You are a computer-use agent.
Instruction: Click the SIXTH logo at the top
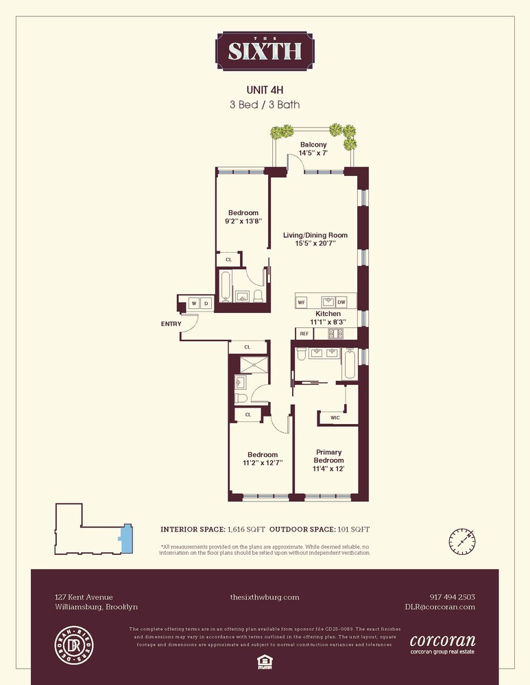click(x=265, y=51)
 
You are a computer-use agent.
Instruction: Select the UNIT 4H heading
click(x=265, y=90)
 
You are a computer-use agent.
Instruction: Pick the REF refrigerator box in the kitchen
click(x=304, y=334)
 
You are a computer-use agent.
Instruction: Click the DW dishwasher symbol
click(x=341, y=302)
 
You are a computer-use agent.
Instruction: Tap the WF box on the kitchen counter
click(x=301, y=302)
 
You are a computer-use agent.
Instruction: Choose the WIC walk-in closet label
click(x=335, y=417)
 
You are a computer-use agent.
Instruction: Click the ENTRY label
click(x=171, y=323)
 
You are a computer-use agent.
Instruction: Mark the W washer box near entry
click(x=194, y=303)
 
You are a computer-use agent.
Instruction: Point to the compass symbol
click(x=463, y=540)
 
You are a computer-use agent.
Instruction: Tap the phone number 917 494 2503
click(x=451, y=597)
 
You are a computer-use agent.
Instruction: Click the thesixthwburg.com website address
click(x=265, y=597)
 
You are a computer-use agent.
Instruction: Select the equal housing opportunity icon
click(x=265, y=660)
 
